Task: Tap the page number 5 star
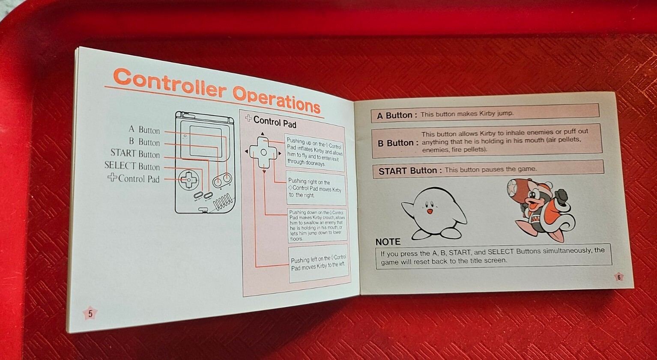[90, 313]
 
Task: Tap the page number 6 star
[619, 277]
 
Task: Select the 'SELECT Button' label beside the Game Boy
[132, 166]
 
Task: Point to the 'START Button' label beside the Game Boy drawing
[135, 154]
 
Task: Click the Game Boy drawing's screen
[206, 141]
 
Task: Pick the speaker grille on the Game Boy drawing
[224, 203]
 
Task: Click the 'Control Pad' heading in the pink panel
[275, 122]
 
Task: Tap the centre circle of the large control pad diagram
[263, 152]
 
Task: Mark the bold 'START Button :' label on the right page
[410, 171]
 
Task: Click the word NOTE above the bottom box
[388, 242]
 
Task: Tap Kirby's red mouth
[430, 211]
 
